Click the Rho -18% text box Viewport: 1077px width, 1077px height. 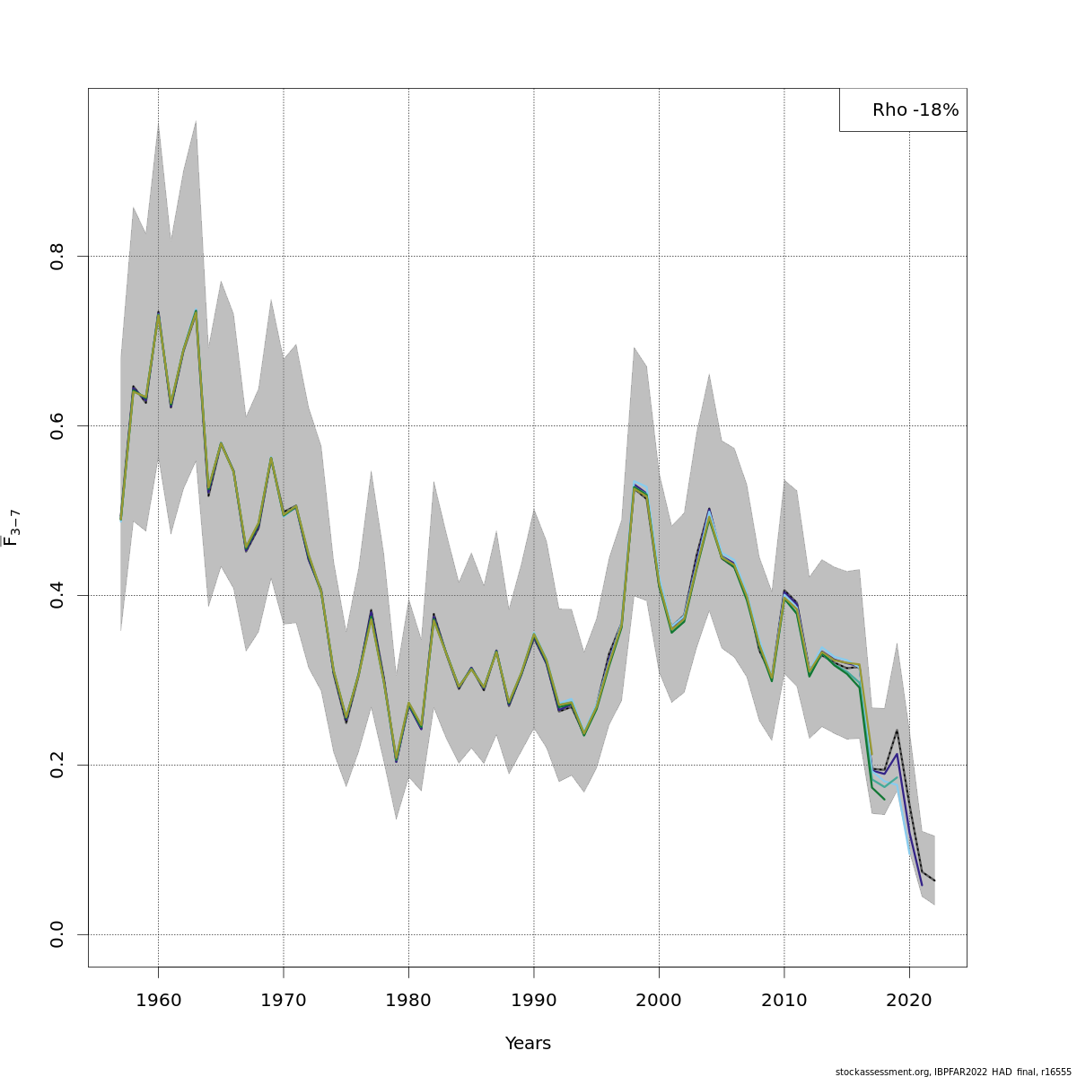pos(904,110)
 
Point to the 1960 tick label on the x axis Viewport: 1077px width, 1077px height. pos(159,999)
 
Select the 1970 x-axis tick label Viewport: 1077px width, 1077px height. pos(284,999)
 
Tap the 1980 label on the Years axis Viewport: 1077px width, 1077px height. pos(409,999)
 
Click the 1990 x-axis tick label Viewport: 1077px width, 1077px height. pos(534,999)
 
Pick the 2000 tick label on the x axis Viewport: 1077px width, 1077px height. pos(660,999)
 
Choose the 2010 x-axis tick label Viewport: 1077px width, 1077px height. pos(784,999)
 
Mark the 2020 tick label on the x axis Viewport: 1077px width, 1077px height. pos(910,999)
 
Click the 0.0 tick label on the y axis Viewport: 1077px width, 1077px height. pos(57,934)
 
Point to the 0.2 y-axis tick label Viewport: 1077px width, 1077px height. pos(57,765)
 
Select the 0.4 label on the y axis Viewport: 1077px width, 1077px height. pos(57,595)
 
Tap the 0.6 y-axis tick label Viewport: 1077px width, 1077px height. pos(57,425)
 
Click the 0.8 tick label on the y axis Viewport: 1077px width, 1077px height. pos(57,256)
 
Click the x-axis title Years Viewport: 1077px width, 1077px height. pos(528,1044)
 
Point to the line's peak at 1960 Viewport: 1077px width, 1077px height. pos(159,313)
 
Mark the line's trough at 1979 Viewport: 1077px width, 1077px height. pos(397,761)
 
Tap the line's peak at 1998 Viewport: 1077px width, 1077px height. pos(635,486)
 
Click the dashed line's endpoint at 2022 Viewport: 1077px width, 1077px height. pos(934,880)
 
